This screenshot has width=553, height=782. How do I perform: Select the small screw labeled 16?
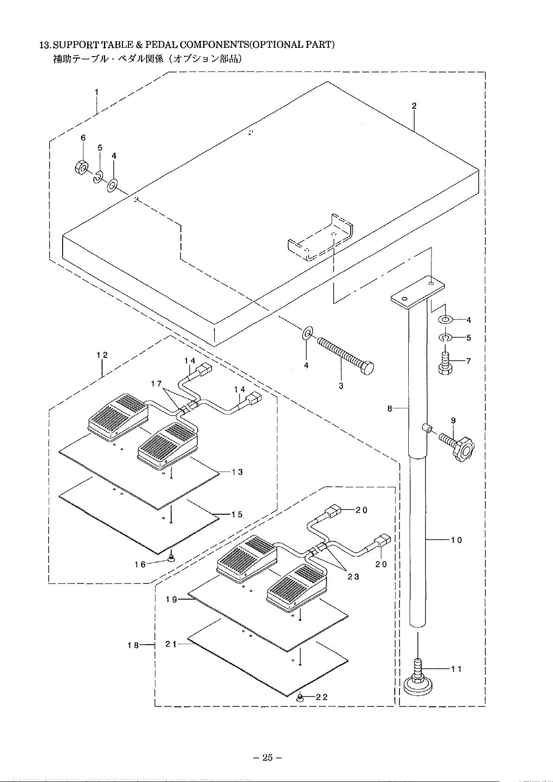pos(171,558)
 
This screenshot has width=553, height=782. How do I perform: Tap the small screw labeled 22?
pos(300,698)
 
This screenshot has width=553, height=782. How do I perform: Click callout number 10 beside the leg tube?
pos(457,540)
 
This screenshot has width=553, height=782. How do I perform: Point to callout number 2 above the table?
pos(414,106)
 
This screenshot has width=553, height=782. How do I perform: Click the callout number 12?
pos(102,355)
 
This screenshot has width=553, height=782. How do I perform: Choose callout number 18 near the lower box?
pos(133,645)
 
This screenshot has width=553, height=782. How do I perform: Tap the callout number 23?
pos(354,576)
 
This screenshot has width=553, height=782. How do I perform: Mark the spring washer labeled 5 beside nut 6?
pos(98,176)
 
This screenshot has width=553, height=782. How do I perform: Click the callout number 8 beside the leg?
pos(390,408)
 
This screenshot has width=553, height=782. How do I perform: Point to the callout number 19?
pos(171,599)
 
